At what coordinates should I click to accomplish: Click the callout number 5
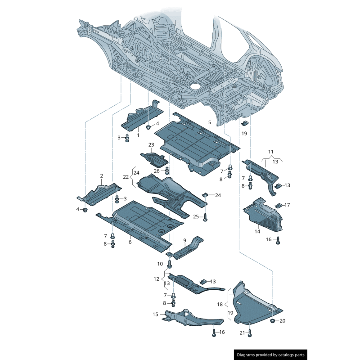point(209,122)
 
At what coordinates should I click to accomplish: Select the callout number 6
point(130,242)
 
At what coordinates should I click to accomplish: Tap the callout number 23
point(151,144)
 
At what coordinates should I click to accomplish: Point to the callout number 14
point(257,232)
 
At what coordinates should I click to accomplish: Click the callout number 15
point(155,314)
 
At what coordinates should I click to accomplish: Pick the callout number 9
point(184,240)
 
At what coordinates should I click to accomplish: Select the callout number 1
point(138,135)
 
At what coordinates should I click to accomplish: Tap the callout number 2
point(101,176)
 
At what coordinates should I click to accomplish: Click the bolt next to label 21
point(250,333)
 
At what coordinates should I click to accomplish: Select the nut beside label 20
point(272,320)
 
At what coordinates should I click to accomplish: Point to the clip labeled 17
point(278,206)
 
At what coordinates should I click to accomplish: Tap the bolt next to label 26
point(167,171)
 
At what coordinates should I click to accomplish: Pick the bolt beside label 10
point(170,264)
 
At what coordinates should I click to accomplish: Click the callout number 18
point(220,304)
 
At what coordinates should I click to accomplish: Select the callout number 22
point(126,177)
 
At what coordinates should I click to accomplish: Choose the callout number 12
point(156,279)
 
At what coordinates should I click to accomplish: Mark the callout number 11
point(271,151)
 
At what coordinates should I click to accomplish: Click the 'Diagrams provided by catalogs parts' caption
point(271,355)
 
